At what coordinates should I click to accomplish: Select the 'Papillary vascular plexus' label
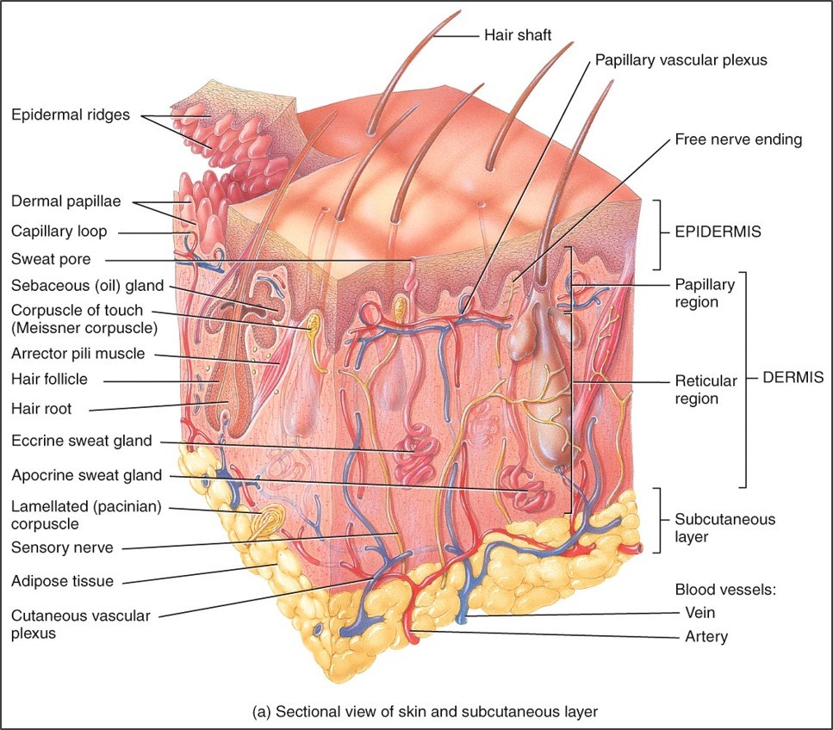681,60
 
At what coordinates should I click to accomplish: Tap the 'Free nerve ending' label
738,139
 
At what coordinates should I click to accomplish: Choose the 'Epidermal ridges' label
71,114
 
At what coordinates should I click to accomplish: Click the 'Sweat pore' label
51,258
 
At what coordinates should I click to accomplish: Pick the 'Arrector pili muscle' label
78,354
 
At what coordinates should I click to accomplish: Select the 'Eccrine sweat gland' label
82,442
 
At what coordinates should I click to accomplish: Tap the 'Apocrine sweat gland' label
86,475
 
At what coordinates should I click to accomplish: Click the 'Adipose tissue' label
62,581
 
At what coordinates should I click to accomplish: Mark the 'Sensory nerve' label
62,547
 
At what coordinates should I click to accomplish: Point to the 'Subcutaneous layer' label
712,527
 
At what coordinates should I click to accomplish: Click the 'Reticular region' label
706,389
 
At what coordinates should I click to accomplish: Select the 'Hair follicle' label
50,379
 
